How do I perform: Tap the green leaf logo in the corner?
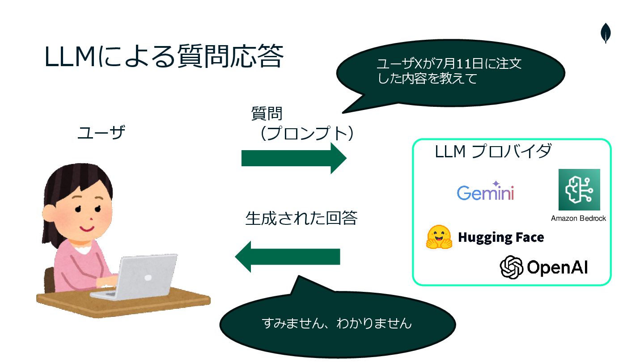point(606,34)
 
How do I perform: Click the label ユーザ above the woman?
point(101,133)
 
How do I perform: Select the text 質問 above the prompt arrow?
point(267,114)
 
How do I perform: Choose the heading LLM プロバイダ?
point(493,152)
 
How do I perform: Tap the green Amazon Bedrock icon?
point(579,189)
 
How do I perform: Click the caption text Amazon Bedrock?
point(578,219)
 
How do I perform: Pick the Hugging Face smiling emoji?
point(440,237)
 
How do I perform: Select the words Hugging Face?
point(501,237)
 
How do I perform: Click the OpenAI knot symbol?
point(512,267)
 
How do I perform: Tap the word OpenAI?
point(557,267)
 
